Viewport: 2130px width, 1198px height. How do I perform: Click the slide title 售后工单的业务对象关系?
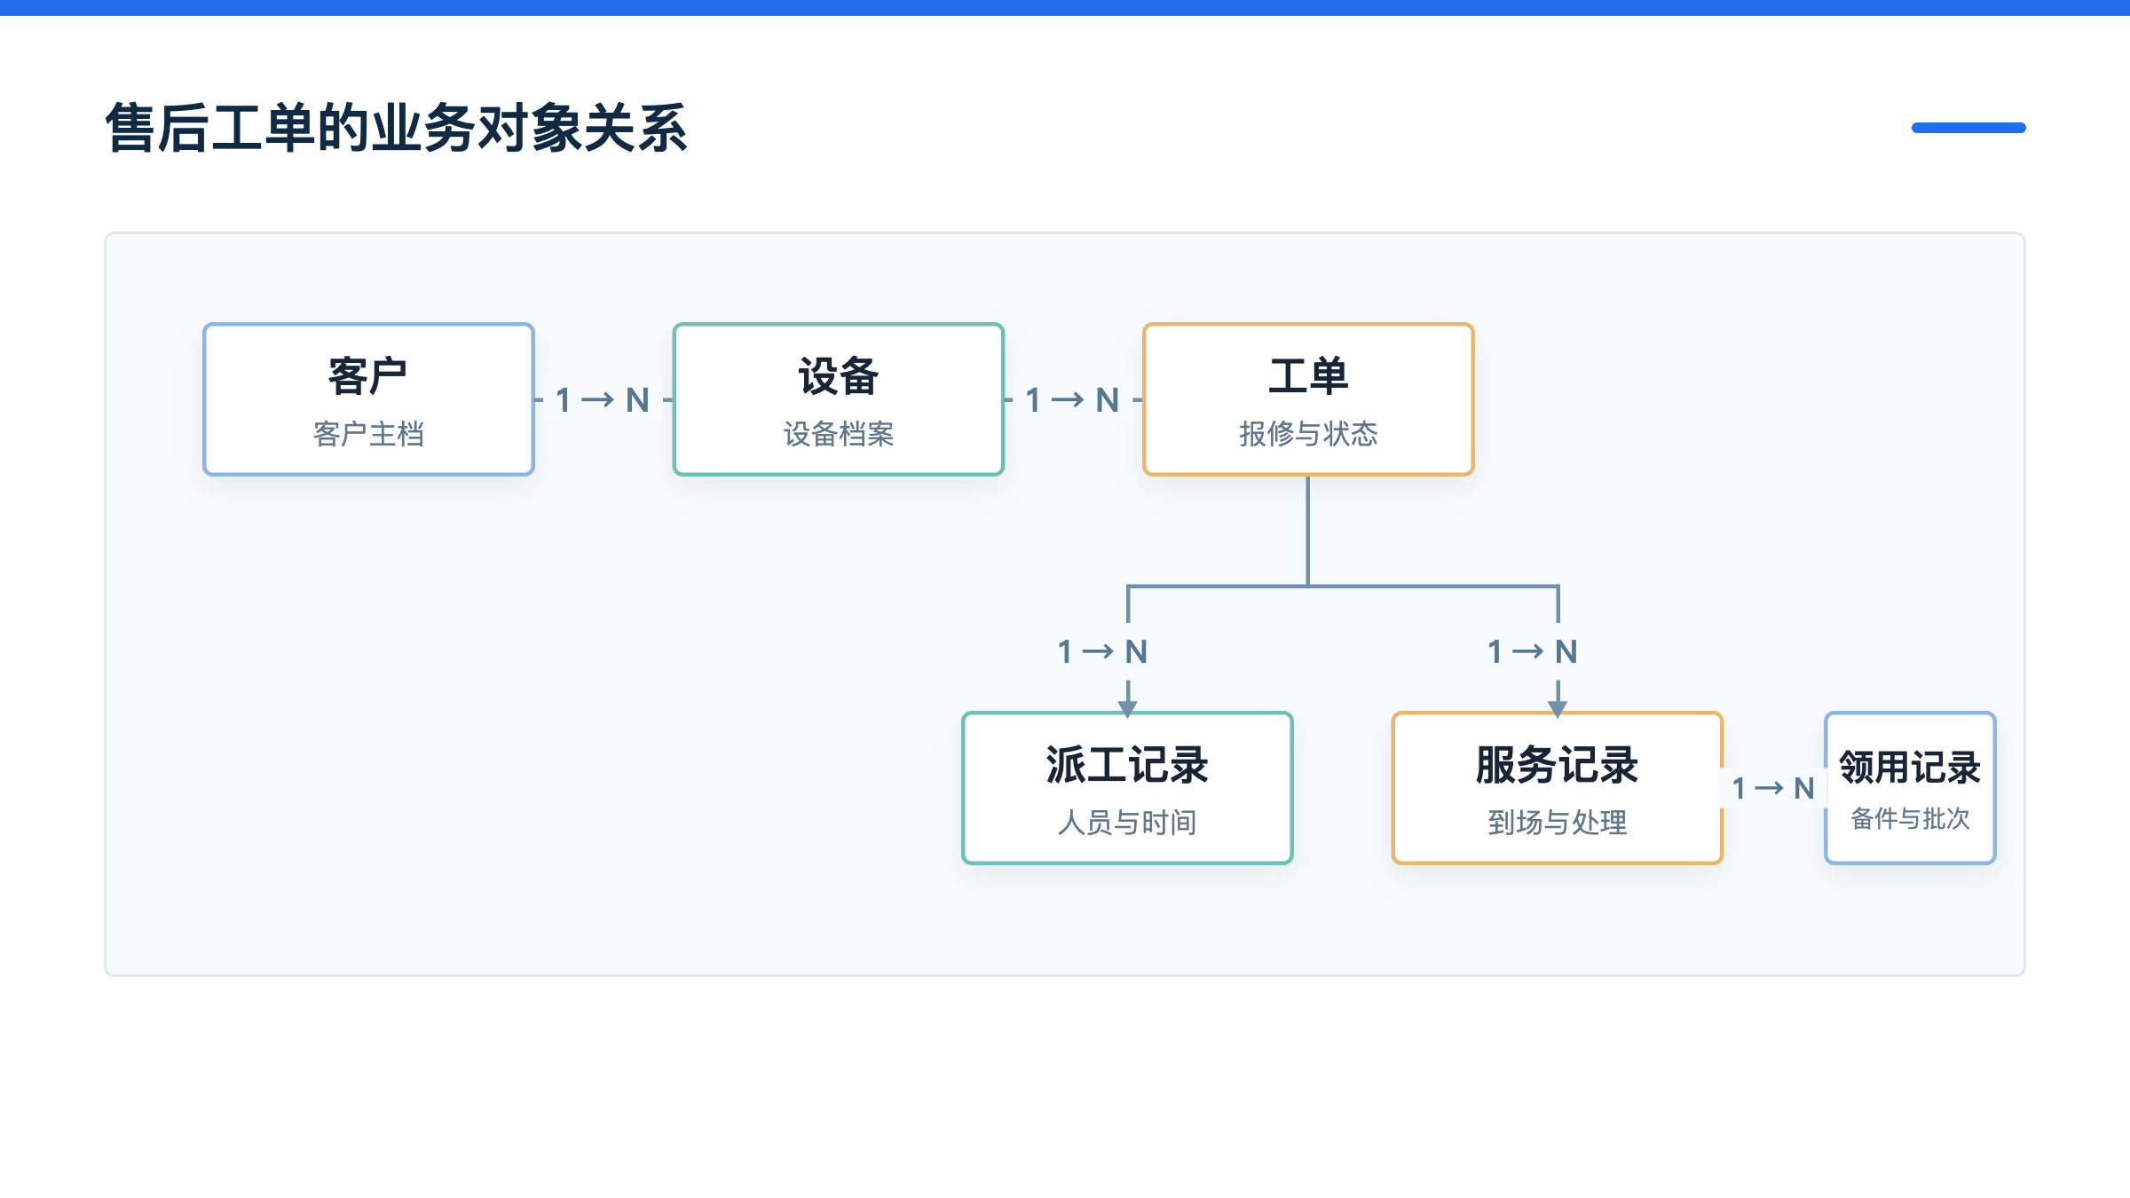[x=396, y=128]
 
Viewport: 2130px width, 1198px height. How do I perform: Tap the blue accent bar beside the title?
[x=1968, y=128]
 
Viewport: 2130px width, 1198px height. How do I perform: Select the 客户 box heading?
[x=367, y=376]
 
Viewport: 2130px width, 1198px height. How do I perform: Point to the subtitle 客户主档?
[x=368, y=434]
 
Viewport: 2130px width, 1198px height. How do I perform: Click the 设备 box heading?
[x=838, y=376]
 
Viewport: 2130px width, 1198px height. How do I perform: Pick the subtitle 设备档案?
[x=838, y=434]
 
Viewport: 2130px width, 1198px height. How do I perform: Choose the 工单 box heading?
[x=1308, y=376]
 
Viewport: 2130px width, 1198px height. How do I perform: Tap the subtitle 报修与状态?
[x=1308, y=434]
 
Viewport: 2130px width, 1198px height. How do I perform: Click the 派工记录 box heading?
[x=1127, y=765]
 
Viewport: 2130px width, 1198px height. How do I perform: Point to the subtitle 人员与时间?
[x=1127, y=823]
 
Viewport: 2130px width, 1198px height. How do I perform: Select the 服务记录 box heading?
[x=1557, y=765]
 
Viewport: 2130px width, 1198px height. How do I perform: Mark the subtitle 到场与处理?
[x=1557, y=823]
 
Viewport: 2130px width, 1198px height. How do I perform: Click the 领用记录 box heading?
[x=1910, y=768]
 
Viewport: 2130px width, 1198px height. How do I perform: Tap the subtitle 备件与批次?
[x=1910, y=818]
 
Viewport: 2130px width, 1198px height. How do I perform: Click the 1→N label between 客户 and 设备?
[x=603, y=400]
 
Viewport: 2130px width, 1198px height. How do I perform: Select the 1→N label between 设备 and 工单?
[x=1072, y=400]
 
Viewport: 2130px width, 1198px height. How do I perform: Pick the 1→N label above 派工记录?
[x=1103, y=652]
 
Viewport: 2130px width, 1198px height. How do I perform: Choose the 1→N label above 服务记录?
[x=1533, y=652]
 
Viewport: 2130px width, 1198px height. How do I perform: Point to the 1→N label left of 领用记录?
[x=1773, y=788]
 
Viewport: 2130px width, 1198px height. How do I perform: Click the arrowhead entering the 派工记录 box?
[x=1127, y=708]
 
